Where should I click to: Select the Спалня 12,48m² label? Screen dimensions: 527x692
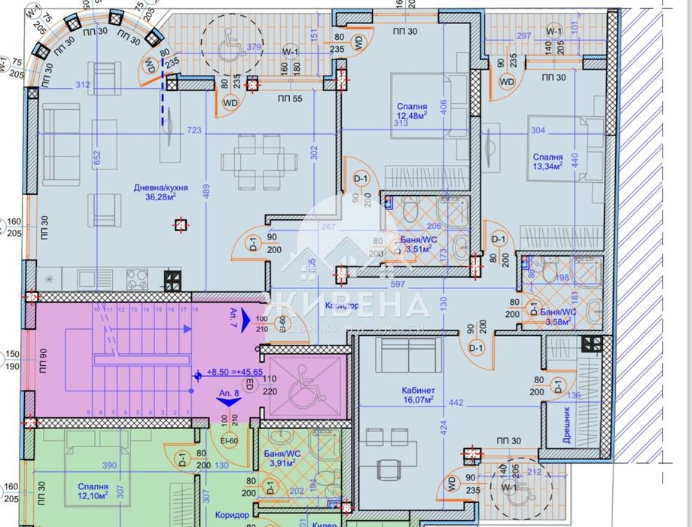[x=413, y=111]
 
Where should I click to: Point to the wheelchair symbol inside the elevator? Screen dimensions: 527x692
[x=301, y=376]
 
